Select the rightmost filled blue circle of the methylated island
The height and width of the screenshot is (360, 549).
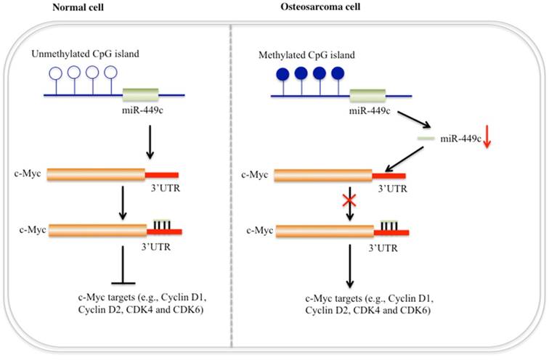pos(338,73)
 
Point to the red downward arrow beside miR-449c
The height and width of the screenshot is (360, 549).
pos(487,138)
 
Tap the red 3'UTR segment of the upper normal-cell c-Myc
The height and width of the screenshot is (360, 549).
pos(162,175)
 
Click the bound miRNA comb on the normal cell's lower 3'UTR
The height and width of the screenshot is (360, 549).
pos(163,226)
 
